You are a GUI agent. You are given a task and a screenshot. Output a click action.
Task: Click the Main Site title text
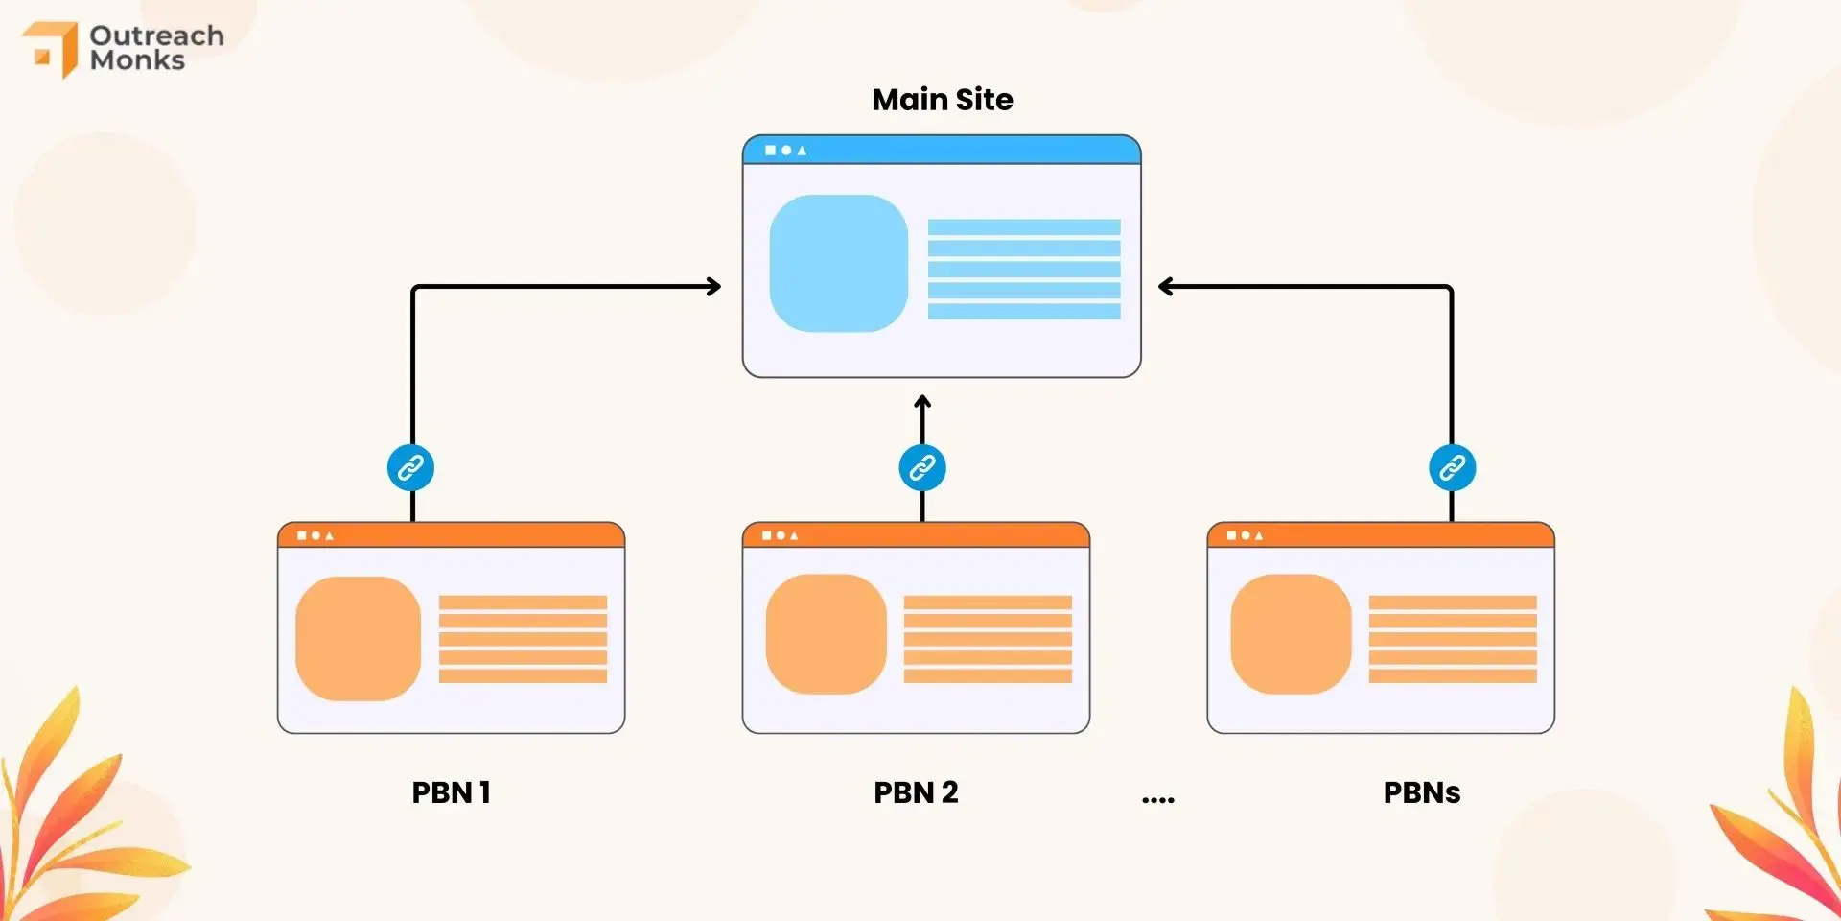pyautogui.click(x=942, y=100)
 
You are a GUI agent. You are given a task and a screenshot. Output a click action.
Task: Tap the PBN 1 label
pyautogui.click(x=451, y=792)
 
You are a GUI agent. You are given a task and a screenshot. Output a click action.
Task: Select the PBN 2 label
pyautogui.click(x=916, y=792)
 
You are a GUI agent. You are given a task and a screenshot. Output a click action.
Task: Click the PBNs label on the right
pyautogui.click(x=1421, y=792)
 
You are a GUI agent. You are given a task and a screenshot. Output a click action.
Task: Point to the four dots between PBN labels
pyautogui.click(x=1157, y=799)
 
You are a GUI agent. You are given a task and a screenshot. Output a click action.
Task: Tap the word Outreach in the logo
pyautogui.click(x=156, y=35)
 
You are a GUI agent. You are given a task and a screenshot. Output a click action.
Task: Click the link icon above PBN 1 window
pyautogui.click(x=410, y=468)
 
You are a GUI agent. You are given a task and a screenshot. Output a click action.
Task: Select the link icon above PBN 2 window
pyautogui.click(x=922, y=468)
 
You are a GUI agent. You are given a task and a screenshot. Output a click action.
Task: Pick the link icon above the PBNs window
pyautogui.click(x=1452, y=468)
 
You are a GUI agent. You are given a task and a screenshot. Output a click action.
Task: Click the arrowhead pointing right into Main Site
pyautogui.click(x=713, y=286)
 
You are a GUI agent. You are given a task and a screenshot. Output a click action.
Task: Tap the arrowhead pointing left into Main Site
pyautogui.click(x=1166, y=286)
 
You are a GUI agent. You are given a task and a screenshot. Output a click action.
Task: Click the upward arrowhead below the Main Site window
pyautogui.click(x=922, y=402)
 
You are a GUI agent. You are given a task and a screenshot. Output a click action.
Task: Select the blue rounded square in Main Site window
pyautogui.click(x=838, y=264)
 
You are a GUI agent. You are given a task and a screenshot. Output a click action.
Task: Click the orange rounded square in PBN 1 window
pyautogui.click(x=358, y=638)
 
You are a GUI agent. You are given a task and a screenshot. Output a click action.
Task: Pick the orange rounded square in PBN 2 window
pyautogui.click(x=826, y=634)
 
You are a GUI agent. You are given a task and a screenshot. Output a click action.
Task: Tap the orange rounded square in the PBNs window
pyautogui.click(x=1291, y=634)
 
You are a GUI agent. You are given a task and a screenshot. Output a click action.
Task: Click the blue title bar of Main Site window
pyautogui.click(x=942, y=150)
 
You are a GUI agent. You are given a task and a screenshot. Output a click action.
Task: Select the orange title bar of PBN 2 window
pyautogui.click(x=916, y=535)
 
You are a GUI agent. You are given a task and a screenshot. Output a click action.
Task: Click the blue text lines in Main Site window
pyautogui.click(x=1023, y=269)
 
